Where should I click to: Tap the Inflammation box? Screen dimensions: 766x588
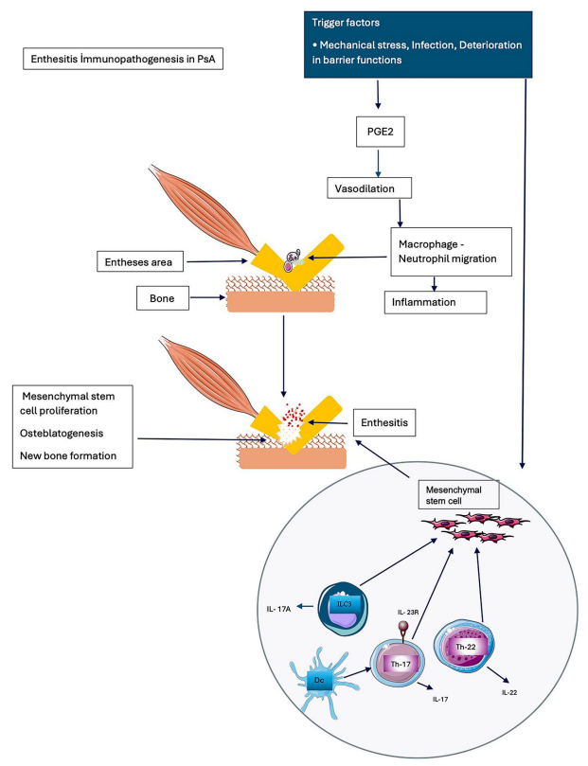tap(435, 303)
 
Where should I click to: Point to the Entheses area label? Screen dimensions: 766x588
tap(144, 260)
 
